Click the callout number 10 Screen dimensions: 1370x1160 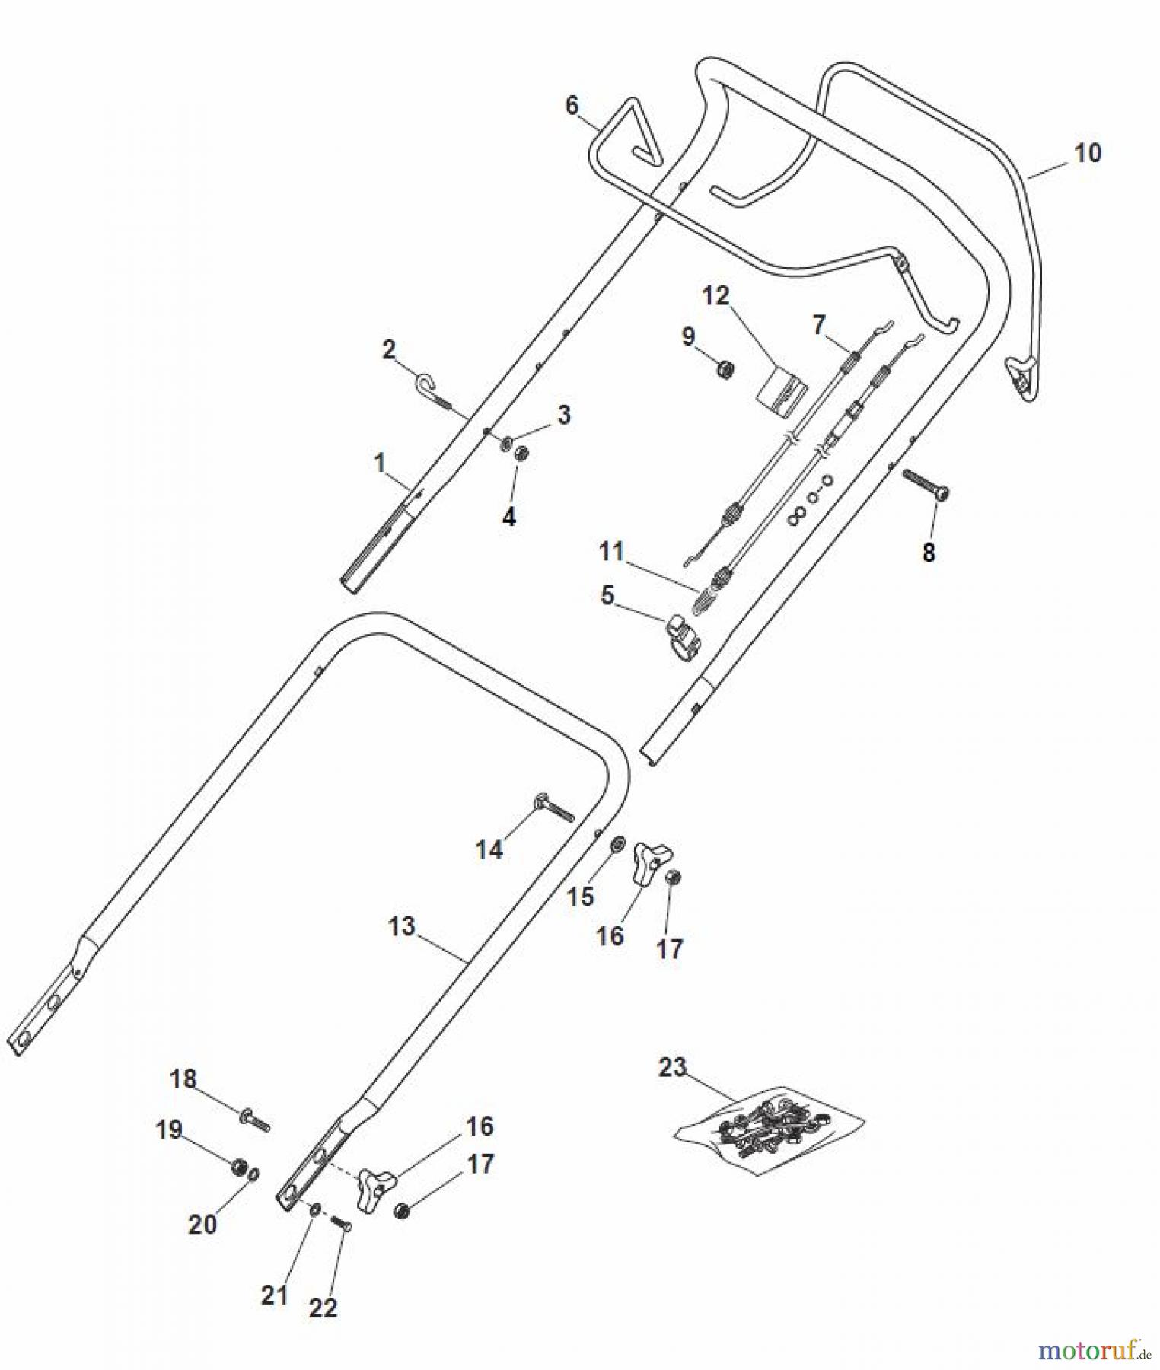[x=1087, y=153]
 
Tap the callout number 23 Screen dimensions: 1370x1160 [x=672, y=1068]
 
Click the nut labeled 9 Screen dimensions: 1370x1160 [x=725, y=370]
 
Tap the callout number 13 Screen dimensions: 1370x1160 [x=402, y=926]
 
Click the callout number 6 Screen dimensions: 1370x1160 [x=572, y=105]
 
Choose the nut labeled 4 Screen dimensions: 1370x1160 [x=521, y=454]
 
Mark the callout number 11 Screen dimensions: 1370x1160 [x=611, y=551]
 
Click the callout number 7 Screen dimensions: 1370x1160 [x=819, y=325]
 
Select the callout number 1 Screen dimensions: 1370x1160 [x=380, y=462]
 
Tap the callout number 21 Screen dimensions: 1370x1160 [x=274, y=1293]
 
